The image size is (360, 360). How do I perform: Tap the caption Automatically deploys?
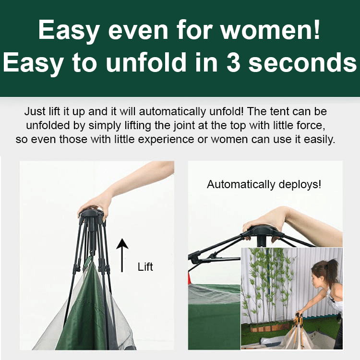coord(264,184)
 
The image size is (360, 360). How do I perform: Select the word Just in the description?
coord(35,112)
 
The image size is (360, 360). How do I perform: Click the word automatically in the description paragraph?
coord(166,112)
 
